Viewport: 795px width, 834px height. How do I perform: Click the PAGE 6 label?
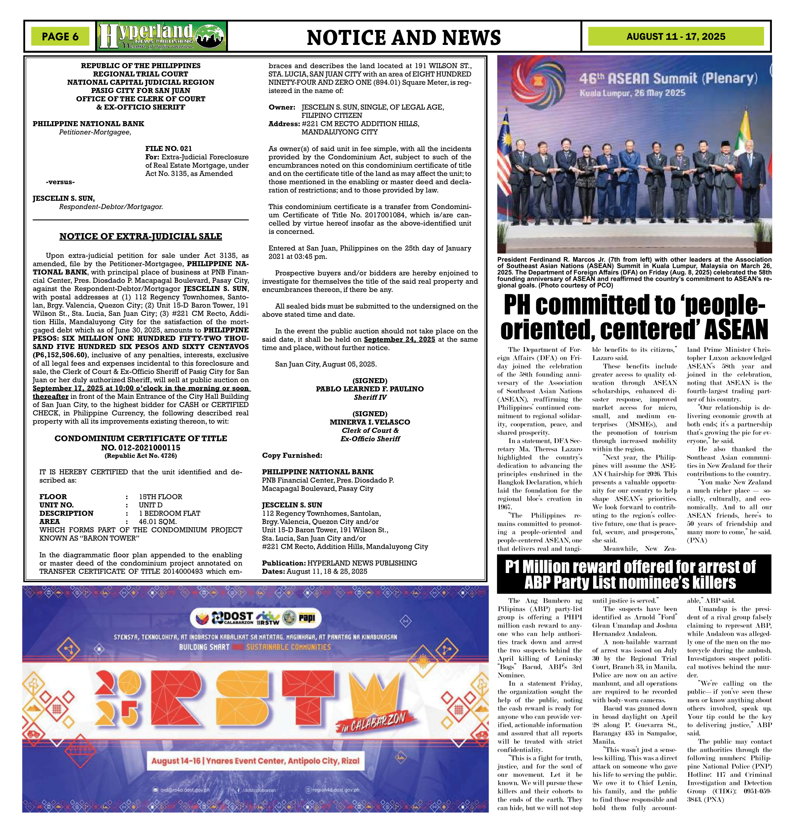click(x=60, y=36)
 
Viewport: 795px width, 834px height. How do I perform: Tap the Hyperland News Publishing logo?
click(x=161, y=36)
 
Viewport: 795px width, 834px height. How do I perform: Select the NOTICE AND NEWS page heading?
click(x=403, y=37)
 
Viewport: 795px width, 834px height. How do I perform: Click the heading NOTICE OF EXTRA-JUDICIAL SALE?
click(x=141, y=236)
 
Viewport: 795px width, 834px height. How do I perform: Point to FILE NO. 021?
click(x=169, y=148)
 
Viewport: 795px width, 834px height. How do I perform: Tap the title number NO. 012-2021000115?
click(x=141, y=447)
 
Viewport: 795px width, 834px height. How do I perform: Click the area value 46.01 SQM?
click(x=158, y=521)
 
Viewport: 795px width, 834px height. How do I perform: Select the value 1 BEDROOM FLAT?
click(x=170, y=513)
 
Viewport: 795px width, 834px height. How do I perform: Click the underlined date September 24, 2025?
click(x=399, y=339)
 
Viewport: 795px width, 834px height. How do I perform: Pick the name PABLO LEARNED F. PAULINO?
click(x=369, y=389)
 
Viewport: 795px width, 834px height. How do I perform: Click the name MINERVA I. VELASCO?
click(x=369, y=422)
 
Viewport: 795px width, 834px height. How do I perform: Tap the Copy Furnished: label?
click(x=292, y=456)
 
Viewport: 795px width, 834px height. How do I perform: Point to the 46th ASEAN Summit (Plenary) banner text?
click(x=668, y=79)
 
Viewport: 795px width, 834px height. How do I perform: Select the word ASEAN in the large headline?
click(x=737, y=330)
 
